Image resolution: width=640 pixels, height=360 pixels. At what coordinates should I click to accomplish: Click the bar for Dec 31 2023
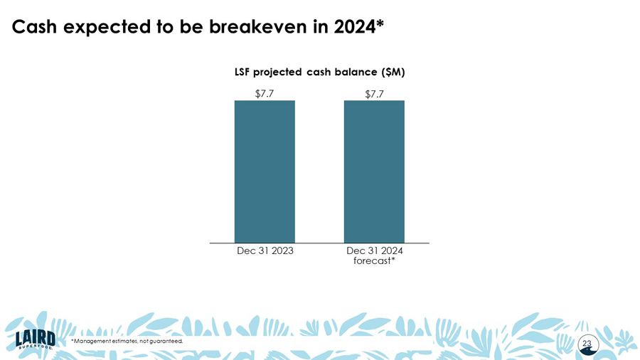point(265,171)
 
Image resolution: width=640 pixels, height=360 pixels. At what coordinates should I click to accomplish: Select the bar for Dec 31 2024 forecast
point(374,171)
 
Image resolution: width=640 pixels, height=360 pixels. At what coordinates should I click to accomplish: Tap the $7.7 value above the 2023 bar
point(265,93)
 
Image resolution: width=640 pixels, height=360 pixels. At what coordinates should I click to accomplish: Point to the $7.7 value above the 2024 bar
point(374,94)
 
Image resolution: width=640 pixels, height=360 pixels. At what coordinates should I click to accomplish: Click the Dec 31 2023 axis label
point(265,250)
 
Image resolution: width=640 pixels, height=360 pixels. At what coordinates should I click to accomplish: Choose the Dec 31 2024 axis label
point(374,250)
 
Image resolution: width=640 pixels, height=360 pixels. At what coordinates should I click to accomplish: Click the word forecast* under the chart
point(374,260)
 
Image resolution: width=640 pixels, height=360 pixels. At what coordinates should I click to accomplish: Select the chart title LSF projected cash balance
point(319,72)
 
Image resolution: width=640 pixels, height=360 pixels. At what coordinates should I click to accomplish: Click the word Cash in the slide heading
point(36,27)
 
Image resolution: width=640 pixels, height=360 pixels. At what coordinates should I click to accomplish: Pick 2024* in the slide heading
point(358,27)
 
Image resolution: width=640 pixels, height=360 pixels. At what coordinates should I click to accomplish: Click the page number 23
point(587,344)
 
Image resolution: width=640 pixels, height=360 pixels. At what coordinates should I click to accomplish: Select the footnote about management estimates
point(127,342)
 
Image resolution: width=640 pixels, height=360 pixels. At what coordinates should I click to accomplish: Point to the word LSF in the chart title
point(246,72)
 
